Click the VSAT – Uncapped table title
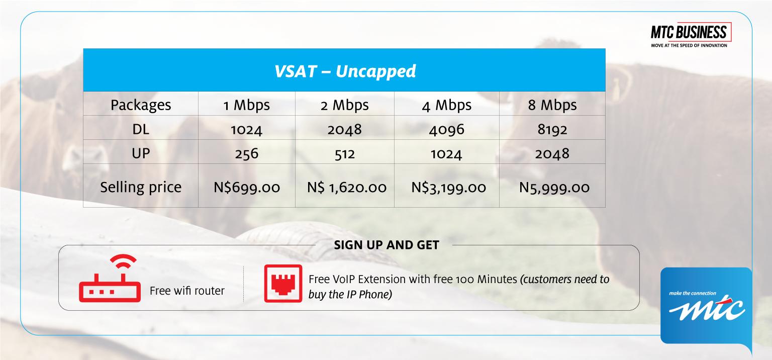(345, 71)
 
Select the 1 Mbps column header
(246, 105)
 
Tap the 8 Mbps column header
(552, 105)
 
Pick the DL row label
(141, 129)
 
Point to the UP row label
(141, 153)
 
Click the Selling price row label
(141, 187)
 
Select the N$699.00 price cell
(247, 188)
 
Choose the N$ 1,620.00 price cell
(347, 188)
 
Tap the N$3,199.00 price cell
(449, 188)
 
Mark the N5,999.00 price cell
(554, 188)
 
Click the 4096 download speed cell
(447, 130)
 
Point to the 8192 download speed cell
(552, 130)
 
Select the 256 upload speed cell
(246, 153)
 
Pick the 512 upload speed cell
(345, 154)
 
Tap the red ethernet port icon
(283, 284)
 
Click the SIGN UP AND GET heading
(387, 245)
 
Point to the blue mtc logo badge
(706, 306)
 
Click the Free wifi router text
(187, 291)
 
